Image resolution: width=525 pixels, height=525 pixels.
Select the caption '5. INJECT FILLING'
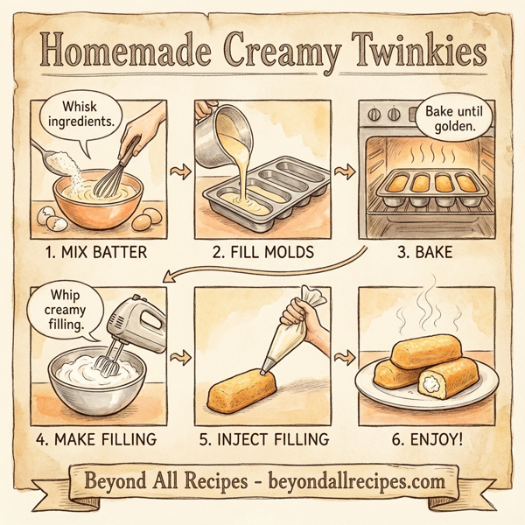(x=262, y=437)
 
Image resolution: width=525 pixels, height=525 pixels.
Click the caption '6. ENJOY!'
(x=428, y=437)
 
